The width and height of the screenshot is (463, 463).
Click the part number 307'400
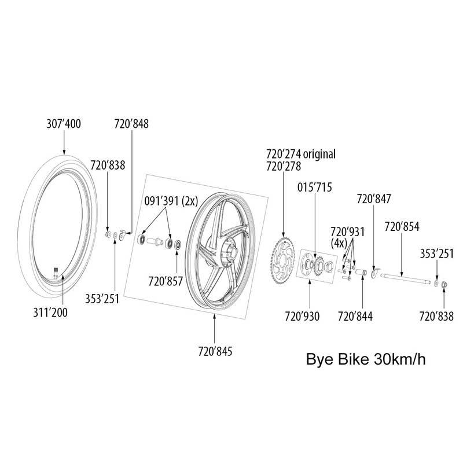[x=64, y=123]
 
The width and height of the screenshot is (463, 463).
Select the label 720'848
[x=132, y=123]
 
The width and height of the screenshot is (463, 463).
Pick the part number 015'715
[x=315, y=188]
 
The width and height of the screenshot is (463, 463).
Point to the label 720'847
[x=374, y=199]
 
